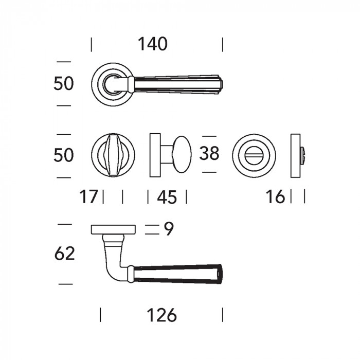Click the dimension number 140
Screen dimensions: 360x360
point(152,44)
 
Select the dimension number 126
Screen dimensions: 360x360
point(161,315)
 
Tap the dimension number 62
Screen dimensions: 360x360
point(65,253)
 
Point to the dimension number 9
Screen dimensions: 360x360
point(169,229)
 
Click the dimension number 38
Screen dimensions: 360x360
point(209,153)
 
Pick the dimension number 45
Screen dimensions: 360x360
point(167,197)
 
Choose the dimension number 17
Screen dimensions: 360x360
point(88,197)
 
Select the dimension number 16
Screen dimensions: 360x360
point(275,197)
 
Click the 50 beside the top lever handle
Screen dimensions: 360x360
point(64,83)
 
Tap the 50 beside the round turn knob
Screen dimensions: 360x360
point(64,155)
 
